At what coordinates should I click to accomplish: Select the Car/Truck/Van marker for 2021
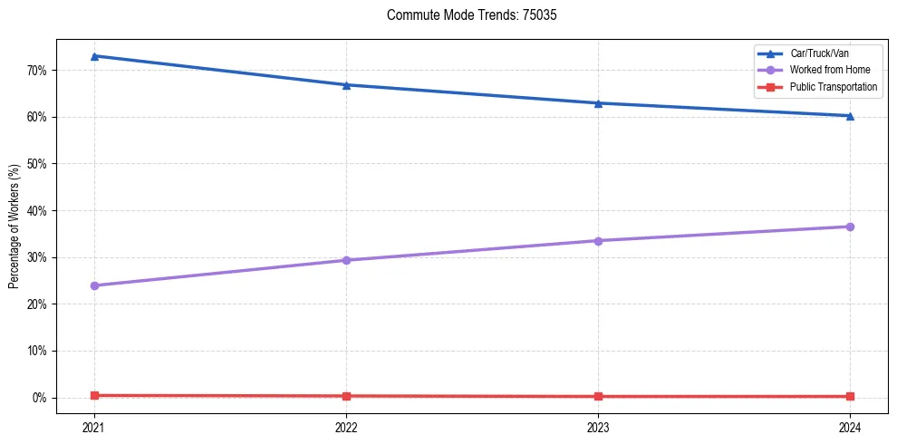94,56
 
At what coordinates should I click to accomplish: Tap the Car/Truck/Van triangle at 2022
346,85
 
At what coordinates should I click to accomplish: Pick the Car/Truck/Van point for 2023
598,103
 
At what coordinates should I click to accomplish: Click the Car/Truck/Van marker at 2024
850,116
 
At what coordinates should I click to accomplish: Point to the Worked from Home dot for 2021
94,285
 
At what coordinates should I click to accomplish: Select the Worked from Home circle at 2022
346,260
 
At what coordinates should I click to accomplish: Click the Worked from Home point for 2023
598,241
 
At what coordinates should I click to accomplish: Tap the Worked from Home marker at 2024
850,227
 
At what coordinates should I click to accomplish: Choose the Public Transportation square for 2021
94,395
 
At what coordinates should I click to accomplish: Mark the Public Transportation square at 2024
850,396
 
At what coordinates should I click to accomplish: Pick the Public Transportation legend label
833,86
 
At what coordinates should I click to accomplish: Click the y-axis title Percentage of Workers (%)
14,227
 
